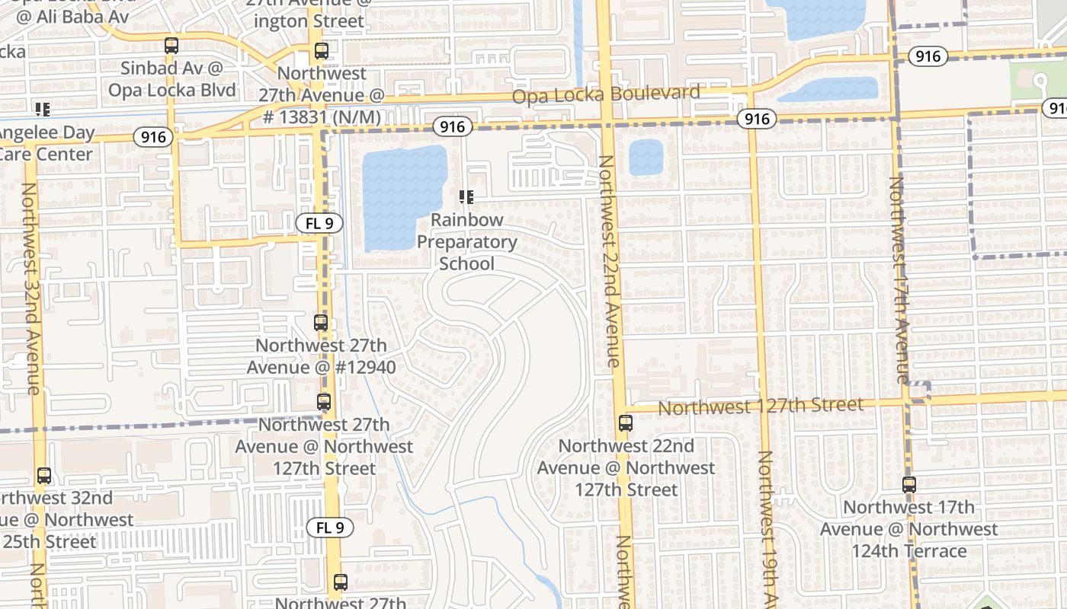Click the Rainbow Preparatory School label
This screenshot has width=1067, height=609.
(x=466, y=241)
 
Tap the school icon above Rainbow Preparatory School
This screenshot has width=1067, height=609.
(x=466, y=198)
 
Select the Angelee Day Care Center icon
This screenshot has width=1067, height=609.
(x=42, y=110)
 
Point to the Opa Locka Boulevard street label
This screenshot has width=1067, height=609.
(x=606, y=94)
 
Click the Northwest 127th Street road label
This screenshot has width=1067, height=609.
(x=761, y=407)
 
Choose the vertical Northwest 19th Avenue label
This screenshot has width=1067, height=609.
(x=767, y=525)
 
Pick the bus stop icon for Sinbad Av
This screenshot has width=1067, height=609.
(x=171, y=46)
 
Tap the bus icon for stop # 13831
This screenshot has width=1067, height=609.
(x=321, y=52)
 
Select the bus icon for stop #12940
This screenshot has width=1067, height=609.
(x=321, y=323)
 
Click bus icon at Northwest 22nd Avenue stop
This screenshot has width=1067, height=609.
(x=626, y=423)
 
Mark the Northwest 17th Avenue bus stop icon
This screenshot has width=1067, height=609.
(x=908, y=484)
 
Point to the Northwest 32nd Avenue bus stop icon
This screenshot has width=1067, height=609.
(x=44, y=476)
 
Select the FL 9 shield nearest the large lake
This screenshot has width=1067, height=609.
(x=319, y=224)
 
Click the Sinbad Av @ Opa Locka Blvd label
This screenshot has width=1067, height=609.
(x=172, y=79)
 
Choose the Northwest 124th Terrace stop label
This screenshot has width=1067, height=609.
(x=908, y=529)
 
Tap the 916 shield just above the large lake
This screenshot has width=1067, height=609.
(x=452, y=126)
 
